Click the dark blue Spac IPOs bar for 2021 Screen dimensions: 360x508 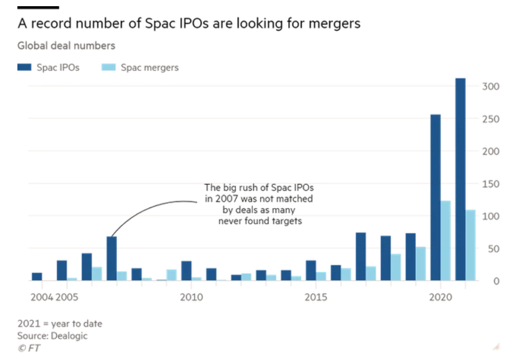click(460, 180)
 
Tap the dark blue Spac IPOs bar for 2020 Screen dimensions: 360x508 click(436, 198)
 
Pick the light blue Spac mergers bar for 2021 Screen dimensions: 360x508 click(470, 245)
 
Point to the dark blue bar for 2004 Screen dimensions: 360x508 click(37, 277)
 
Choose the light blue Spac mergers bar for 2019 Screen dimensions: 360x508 click(421, 264)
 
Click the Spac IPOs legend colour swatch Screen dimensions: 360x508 click(23, 67)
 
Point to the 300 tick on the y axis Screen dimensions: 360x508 click(490, 86)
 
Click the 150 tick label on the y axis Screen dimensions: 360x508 click(490, 183)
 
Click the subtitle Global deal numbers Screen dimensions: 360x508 click(66, 45)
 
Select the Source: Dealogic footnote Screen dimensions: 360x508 click(53, 335)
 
